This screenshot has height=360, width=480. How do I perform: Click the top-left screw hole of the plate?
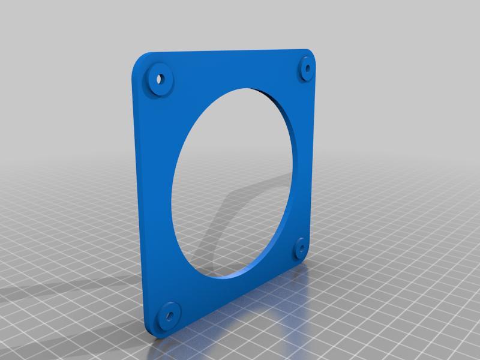coord(160,78)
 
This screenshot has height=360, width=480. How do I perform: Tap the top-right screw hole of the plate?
coord(308,68)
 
